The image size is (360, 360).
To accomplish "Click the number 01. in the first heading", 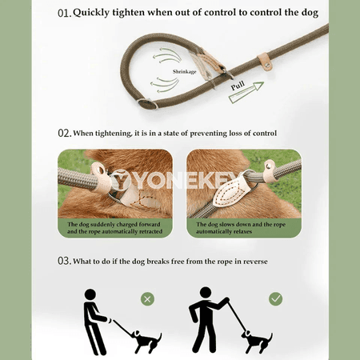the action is (x=65, y=13).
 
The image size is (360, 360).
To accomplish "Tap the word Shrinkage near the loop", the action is (x=184, y=71).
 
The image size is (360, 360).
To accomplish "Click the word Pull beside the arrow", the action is (x=238, y=86).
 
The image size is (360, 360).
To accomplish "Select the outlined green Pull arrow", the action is (x=246, y=93).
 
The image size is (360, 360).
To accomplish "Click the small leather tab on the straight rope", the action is (x=265, y=62).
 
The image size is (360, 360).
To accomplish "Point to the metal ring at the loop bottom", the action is (x=147, y=103).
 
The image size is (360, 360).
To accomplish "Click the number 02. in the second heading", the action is (x=65, y=133).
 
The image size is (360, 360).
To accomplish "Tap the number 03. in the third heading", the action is (x=65, y=261).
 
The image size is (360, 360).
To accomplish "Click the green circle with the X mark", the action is (x=147, y=299).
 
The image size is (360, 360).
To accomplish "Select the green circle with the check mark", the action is (x=275, y=299).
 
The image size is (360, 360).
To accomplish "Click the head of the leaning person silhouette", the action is (x=90, y=294).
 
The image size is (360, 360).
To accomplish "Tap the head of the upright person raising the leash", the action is (x=206, y=293).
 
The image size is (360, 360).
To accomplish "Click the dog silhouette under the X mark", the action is (x=146, y=341).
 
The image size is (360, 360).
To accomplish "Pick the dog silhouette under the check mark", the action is (x=258, y=341).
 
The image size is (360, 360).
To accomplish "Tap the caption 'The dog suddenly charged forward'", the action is (x=114, y=224).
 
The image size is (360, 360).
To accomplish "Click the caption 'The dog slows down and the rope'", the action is (x=241, y=224).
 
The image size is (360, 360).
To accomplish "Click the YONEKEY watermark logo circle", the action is (x=121, y=181).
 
